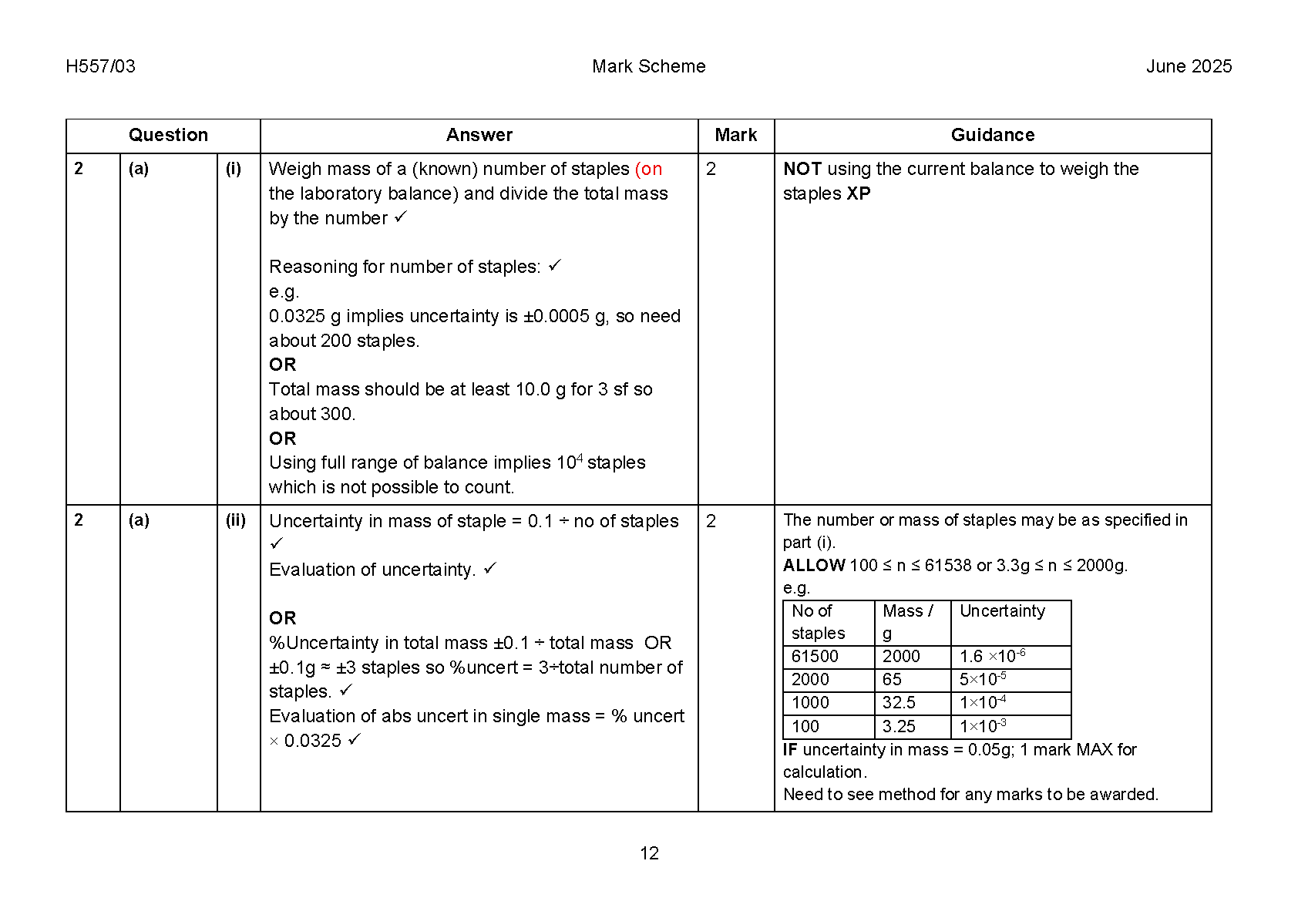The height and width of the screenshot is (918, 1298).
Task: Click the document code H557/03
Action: [100, 66]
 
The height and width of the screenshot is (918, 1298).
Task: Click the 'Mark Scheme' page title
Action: [648, 66]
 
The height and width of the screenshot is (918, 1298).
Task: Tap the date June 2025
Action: [1189, 66]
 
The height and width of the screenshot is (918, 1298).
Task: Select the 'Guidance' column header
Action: [992, 135]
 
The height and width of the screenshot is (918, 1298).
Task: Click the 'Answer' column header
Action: [479, 135]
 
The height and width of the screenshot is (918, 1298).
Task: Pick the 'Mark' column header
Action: [735, 135]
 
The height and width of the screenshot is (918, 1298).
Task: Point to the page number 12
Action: [649, 853]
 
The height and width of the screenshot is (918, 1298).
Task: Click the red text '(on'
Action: [648, 169]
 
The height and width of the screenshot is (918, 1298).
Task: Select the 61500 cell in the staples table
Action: [815, 657]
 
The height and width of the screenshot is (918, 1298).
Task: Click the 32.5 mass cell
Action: [899, 703]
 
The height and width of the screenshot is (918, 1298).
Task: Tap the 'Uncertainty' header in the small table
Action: [1002, 611]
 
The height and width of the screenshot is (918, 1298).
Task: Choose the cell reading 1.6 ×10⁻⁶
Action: [992, 657]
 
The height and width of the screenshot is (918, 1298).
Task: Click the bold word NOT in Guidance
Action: [802, 169]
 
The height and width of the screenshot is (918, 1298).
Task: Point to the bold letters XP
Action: [859, 193]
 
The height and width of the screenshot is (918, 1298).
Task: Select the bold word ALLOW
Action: [814, 566]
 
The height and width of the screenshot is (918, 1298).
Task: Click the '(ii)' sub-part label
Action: [236, 520]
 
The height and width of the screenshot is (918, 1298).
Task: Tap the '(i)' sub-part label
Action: [234, 169]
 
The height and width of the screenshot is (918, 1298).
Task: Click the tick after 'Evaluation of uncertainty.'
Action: [490, 569]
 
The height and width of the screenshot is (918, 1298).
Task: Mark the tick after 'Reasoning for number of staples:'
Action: [555, 266]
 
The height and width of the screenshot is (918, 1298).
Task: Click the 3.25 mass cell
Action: [899, 727]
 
